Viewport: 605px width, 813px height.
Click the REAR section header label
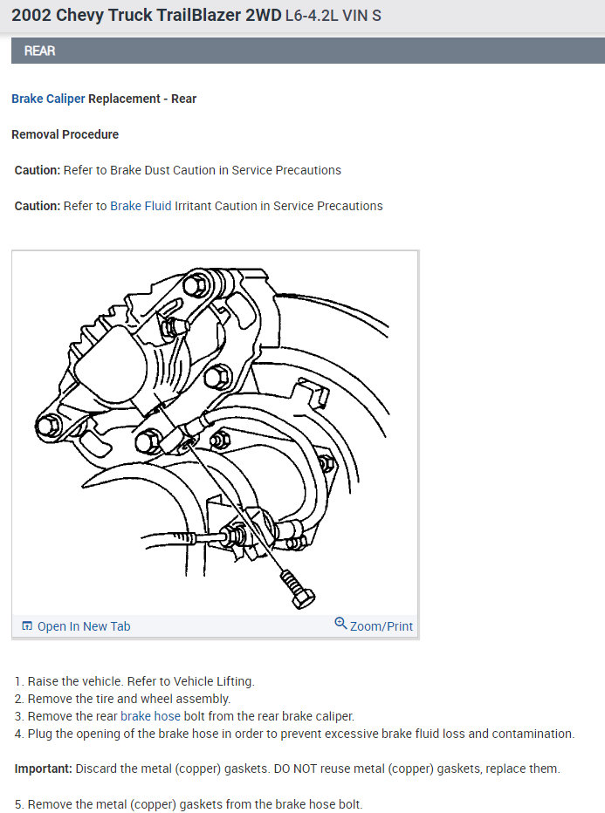pyautogui.click(x=39, y=51)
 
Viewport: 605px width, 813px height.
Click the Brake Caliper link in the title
pyautogui.click(x=48, y=99)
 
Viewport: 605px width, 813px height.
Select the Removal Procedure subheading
pyautogui.click(x=65, y=134)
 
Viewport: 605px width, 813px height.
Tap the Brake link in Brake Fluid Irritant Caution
pyautogui.click(x=125, y=206)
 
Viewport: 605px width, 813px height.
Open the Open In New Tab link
pyautogui.click(x=84, y=626)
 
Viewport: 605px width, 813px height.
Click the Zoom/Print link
pyautogui.click(x=381, y=626)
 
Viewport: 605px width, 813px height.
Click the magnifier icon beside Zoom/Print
pyautogui.click(x=340, y=624)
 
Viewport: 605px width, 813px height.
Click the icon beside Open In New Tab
pyautogui.click(x=27, y=626)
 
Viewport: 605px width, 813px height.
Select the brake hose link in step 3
pyautogui.click(x=150, y=716)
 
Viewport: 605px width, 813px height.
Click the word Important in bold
pyautogui.click(x=43, y=769)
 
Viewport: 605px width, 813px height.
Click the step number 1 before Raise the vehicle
pyautogui.click(x=18, y=681)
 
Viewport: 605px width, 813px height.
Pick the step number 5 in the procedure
pyautogui.click(x=18, y=804)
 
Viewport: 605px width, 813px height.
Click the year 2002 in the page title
pyautogui.click(x=31, y=16)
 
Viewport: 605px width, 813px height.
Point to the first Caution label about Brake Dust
pyautogui.click(x=37, y=170)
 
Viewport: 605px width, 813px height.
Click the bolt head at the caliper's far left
pyautogui.click(x=49, y=426)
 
